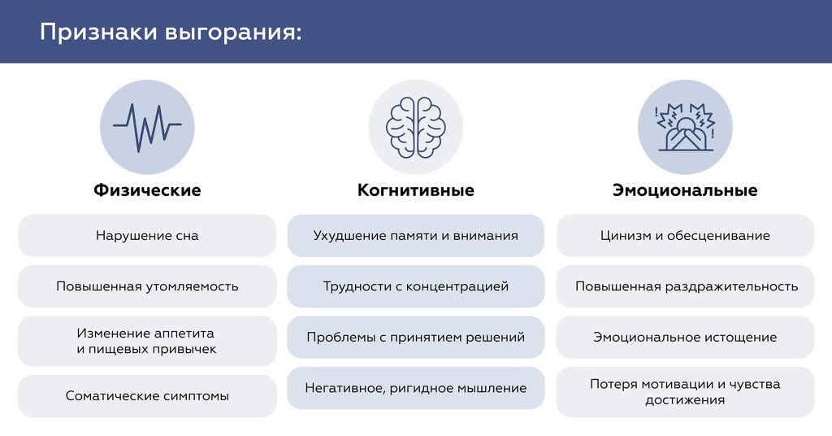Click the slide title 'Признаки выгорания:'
[x=171, y=33]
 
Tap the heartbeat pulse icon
[x=147, y=127]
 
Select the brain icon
[x=416, y=127]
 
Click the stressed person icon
[x=685, y=127]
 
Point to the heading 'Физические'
[x=147, y=190]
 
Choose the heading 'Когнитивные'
[x=416, y=190]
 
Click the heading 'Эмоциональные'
[x=685, y=190]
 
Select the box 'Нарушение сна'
[x=147, y=236]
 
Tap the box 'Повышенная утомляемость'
[x=147, y=286]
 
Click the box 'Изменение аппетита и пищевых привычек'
[x=147, y=342]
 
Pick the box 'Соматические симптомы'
[x=147, y=396]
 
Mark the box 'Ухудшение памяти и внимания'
[x=416, y=236]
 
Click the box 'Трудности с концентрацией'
[x=416, y=286]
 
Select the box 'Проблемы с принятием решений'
[x=416, y=337]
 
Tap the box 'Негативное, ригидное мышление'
[x=416, y=388]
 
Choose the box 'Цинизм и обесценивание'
[x=685, y=236]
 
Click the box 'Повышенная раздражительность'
[x=685, y=286]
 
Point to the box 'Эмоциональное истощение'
[x=685, y=337]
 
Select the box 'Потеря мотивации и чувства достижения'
[x=685, y=392]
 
